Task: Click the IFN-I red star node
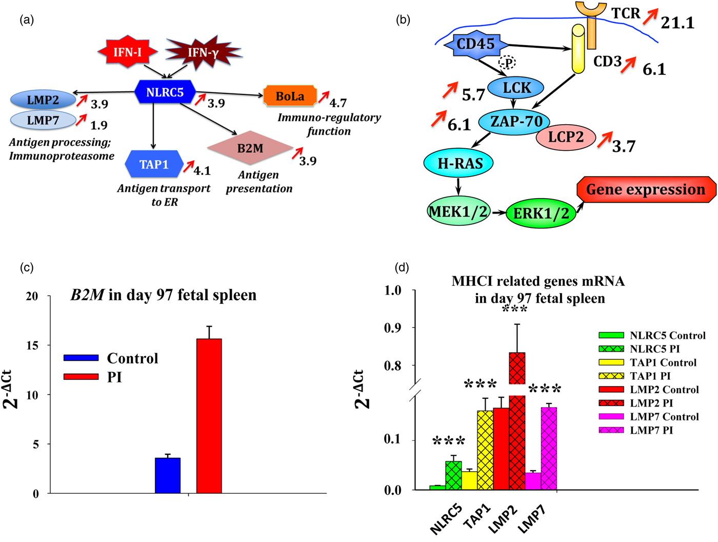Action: coord(128,52)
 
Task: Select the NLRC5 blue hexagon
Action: coord(165,92)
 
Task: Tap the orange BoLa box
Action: coord(290,96)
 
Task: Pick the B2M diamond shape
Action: coord(250,148)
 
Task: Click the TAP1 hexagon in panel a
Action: coord(154,164)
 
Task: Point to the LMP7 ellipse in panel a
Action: coord(43,121)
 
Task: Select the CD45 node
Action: coord(476,44)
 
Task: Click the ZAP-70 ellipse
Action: coord(514,122)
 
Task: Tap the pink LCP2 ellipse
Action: coord(566,137)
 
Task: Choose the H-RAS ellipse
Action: coord(458,163)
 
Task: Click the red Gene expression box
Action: coord(646,189)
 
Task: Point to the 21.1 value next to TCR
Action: coord(677,23)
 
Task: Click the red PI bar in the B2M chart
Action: coord(209,416)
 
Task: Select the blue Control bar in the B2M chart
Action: coord(168,476)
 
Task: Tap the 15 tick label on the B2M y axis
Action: coord(33,345)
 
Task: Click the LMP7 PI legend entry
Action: coord(636,430)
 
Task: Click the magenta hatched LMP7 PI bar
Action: coord(549,449)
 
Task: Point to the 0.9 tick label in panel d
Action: coord(392,327)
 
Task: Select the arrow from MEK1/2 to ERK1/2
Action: coord(499,212)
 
